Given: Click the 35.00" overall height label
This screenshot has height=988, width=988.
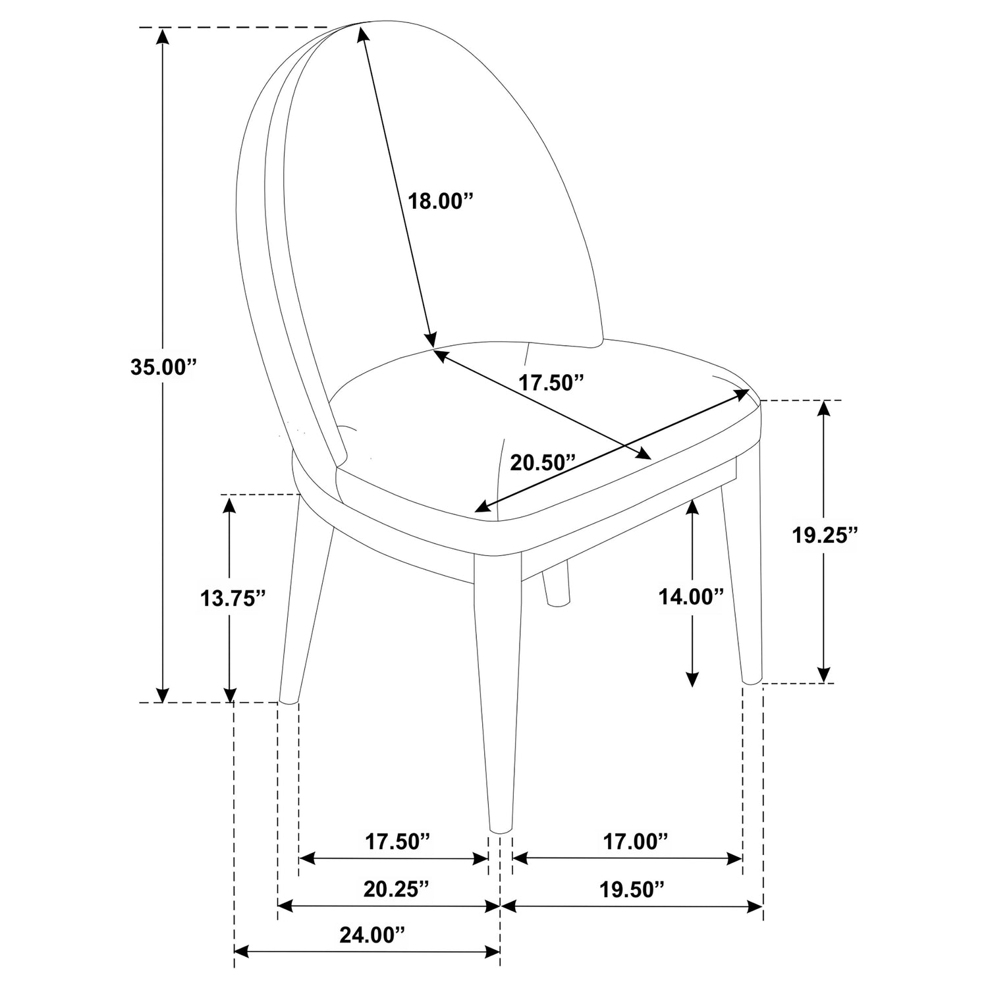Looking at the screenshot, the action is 164,367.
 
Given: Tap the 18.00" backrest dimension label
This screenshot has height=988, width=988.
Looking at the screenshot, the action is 441,200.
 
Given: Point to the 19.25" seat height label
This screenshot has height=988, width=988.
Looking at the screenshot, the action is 825,535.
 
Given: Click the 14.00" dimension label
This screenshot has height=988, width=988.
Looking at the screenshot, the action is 692,597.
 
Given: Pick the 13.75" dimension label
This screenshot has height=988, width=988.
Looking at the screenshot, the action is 233,597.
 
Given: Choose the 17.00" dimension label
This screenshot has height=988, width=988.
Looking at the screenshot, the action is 636,840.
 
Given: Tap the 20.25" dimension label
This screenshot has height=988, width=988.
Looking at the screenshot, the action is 397,889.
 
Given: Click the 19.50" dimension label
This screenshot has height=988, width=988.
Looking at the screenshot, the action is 632,889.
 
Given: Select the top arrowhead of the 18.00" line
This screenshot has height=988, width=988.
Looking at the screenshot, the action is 362,32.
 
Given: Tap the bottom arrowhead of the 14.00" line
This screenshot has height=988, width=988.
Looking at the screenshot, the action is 692,678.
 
